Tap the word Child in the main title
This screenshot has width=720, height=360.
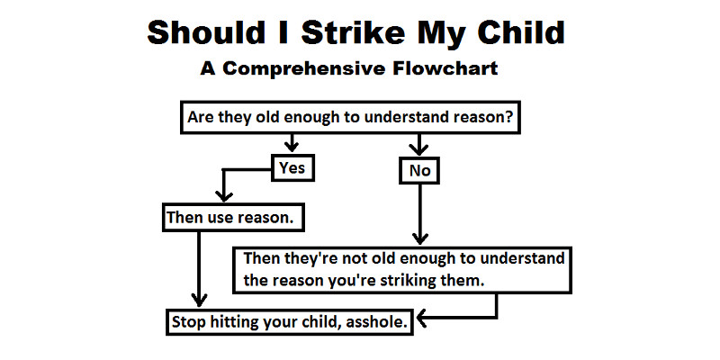pyautogui.click(x=521, y=32)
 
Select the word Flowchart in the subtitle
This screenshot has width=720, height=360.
pyautogui.click(x=445, y=68)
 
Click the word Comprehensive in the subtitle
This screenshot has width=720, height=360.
pyautogui.click(x=304, y=68)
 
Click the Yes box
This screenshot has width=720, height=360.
pyautogui.click(x=292, y=167)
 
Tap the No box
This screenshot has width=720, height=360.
pyautogui.click(x=419, y=171)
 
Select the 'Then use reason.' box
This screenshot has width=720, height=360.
pyautogui.click(x=233, y=217)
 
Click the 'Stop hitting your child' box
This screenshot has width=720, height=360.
pyautogui.click(x=289, y=322)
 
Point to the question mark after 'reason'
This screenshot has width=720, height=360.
pyautogui.click(x=508, y=117)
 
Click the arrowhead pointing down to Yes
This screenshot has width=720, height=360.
pyautogui.click(x=291, y=146)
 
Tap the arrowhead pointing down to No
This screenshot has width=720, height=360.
pyautogui.click(x=418, y=148)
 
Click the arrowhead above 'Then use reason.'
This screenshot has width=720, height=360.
pyautogui.click(x=223, y=196)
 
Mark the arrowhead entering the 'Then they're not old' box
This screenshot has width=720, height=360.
pyautogui.click(x=419, y=238)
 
